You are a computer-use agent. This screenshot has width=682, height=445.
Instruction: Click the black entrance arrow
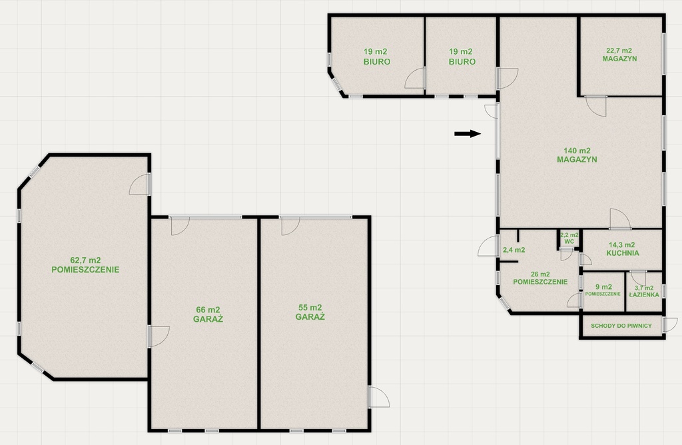(468, 133)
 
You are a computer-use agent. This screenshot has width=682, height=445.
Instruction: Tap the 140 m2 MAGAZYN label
(577, 155)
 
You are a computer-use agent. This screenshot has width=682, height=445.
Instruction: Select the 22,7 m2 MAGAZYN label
(619, 55)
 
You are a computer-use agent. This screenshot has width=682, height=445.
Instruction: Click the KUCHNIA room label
(623, 252)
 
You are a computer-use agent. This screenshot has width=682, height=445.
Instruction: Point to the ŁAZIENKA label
(644, 294)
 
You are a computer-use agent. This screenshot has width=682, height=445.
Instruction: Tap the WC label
(569, 241)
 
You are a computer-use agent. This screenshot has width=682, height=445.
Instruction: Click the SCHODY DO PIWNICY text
(621, 325)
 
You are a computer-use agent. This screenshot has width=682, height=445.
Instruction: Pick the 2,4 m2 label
(513, 250)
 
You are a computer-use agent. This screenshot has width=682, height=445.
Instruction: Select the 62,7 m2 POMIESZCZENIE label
(85, 265)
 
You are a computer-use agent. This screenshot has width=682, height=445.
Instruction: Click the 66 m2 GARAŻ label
(208, 314)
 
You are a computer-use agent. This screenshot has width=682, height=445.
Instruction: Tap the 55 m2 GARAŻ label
(310, 312)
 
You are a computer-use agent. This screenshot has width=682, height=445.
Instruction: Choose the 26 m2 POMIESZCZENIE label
(540, 278)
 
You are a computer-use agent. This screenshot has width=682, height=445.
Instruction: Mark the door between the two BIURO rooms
(416, 79)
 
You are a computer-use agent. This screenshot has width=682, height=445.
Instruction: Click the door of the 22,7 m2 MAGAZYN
(596, 106)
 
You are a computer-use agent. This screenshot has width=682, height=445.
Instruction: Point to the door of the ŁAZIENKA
(638, 278)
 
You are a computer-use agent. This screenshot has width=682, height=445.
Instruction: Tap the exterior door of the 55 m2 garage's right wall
(379, 397)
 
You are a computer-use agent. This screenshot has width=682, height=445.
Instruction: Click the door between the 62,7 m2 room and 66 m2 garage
(159, 336)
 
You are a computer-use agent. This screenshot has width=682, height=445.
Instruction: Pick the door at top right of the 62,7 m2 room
(140, 184)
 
